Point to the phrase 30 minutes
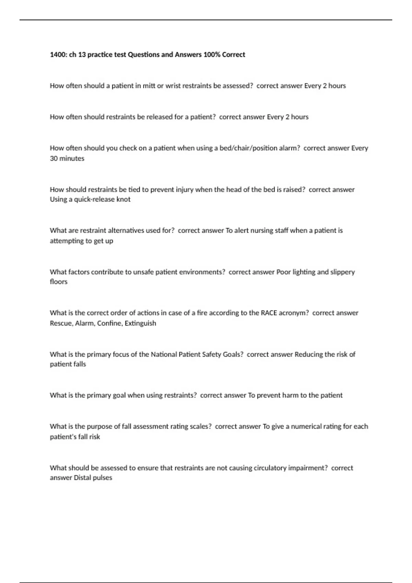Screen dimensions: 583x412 67,158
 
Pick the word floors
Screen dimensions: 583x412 59,282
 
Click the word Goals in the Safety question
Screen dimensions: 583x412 233,354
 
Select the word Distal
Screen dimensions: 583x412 83,478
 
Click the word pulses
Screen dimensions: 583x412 103,478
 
